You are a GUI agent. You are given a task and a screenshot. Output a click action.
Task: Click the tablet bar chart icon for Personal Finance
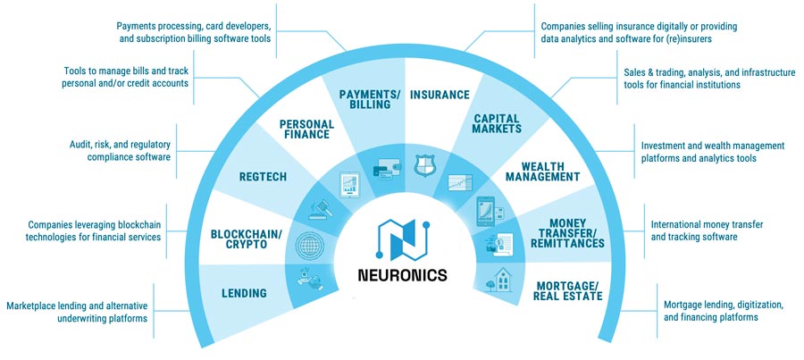tap(347, 185)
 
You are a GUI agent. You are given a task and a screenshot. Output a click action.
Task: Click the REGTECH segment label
tap(264, 177)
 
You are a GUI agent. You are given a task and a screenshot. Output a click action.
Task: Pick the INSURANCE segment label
tap(439, 94)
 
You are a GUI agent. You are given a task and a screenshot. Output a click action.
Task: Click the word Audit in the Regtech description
tap(83, 144)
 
